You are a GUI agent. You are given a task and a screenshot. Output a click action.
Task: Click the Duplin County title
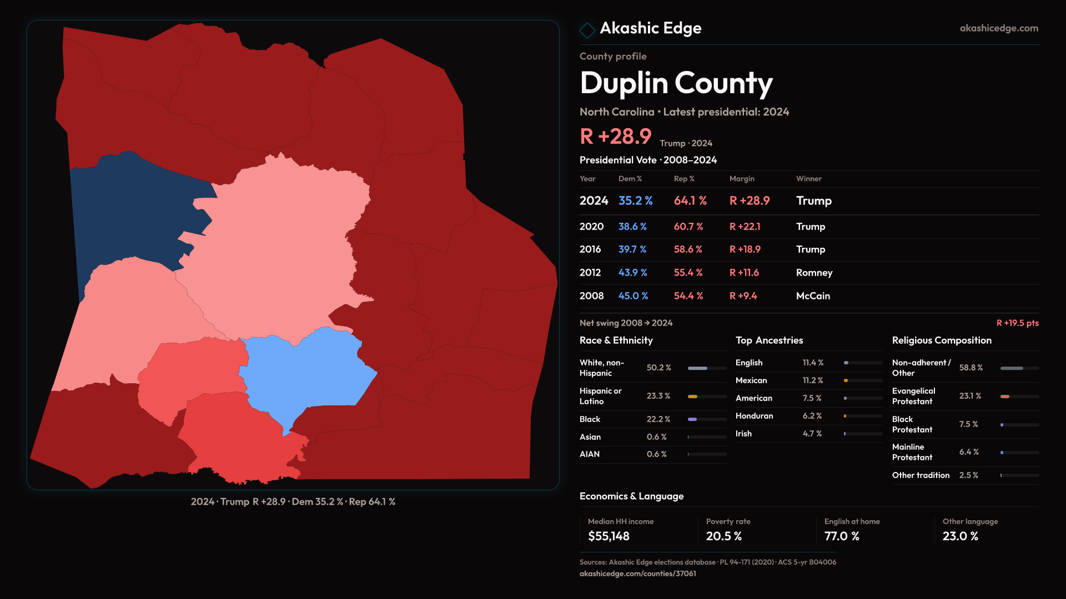(x=676, y=83)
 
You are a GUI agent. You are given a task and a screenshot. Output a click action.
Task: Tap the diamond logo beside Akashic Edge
(x=587, y=29)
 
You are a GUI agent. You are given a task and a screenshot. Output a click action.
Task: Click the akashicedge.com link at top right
(x=998, y=28)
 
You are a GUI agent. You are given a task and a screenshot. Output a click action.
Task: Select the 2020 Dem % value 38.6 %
(x=632, y=227)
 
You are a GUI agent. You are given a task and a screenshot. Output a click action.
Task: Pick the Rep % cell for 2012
(x=688, y=273)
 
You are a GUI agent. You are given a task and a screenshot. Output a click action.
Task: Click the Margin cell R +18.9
(x=745, y=250)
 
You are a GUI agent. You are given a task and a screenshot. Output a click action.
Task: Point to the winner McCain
(x=813, y=296)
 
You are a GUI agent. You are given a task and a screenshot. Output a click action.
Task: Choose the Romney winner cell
(x=814, y=273)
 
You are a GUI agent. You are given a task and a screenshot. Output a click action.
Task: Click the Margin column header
(x=742, y=179)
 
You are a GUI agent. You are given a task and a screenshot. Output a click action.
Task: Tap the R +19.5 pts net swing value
(x=1017, y=323)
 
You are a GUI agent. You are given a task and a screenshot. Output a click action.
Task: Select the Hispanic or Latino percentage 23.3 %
(x=658, y=396)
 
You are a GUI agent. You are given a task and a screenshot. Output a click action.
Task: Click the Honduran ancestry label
(x=754, y=416)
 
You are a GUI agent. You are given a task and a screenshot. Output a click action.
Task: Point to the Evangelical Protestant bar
(x=1005, y=397)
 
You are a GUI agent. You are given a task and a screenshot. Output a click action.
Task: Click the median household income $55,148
(x=609, y=536)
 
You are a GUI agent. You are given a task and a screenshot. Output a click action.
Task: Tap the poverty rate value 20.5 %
(x=723, y=536)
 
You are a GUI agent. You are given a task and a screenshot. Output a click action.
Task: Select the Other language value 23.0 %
(x=960, y=536)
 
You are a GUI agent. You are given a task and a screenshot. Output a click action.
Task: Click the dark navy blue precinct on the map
(x=133, y=216)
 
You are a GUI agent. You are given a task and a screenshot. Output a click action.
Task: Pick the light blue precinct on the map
(x=311, y=372)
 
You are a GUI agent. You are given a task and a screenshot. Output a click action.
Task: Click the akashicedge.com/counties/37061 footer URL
(x=637, y=573)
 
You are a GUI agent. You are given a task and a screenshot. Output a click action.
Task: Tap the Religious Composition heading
(x=942, y=341)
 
